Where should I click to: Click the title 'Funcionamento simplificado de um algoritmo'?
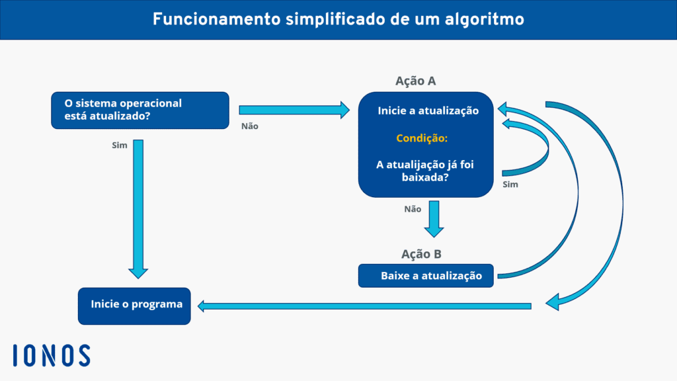tap(338, 19)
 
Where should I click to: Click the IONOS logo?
tap(52, 355)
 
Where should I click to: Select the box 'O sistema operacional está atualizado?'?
tap(140, 110)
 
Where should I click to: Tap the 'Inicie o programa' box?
tap(134, 306)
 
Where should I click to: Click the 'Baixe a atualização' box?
tap(426, 276)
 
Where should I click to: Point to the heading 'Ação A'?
tap(415, 81)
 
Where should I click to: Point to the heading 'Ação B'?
tap(421, 254)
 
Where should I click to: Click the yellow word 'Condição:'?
tap(422, 138)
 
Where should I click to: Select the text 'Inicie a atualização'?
tap(428, 110)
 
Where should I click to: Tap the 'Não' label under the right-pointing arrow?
tap(249, 126)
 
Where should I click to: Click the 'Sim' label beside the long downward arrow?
tap(120, 144)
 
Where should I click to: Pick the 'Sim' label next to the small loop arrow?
tap(510, 184)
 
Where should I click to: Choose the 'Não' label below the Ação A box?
tap(413, 208)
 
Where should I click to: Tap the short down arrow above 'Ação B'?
tap(434, 220)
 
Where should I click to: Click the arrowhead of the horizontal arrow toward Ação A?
tap(344, 109)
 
